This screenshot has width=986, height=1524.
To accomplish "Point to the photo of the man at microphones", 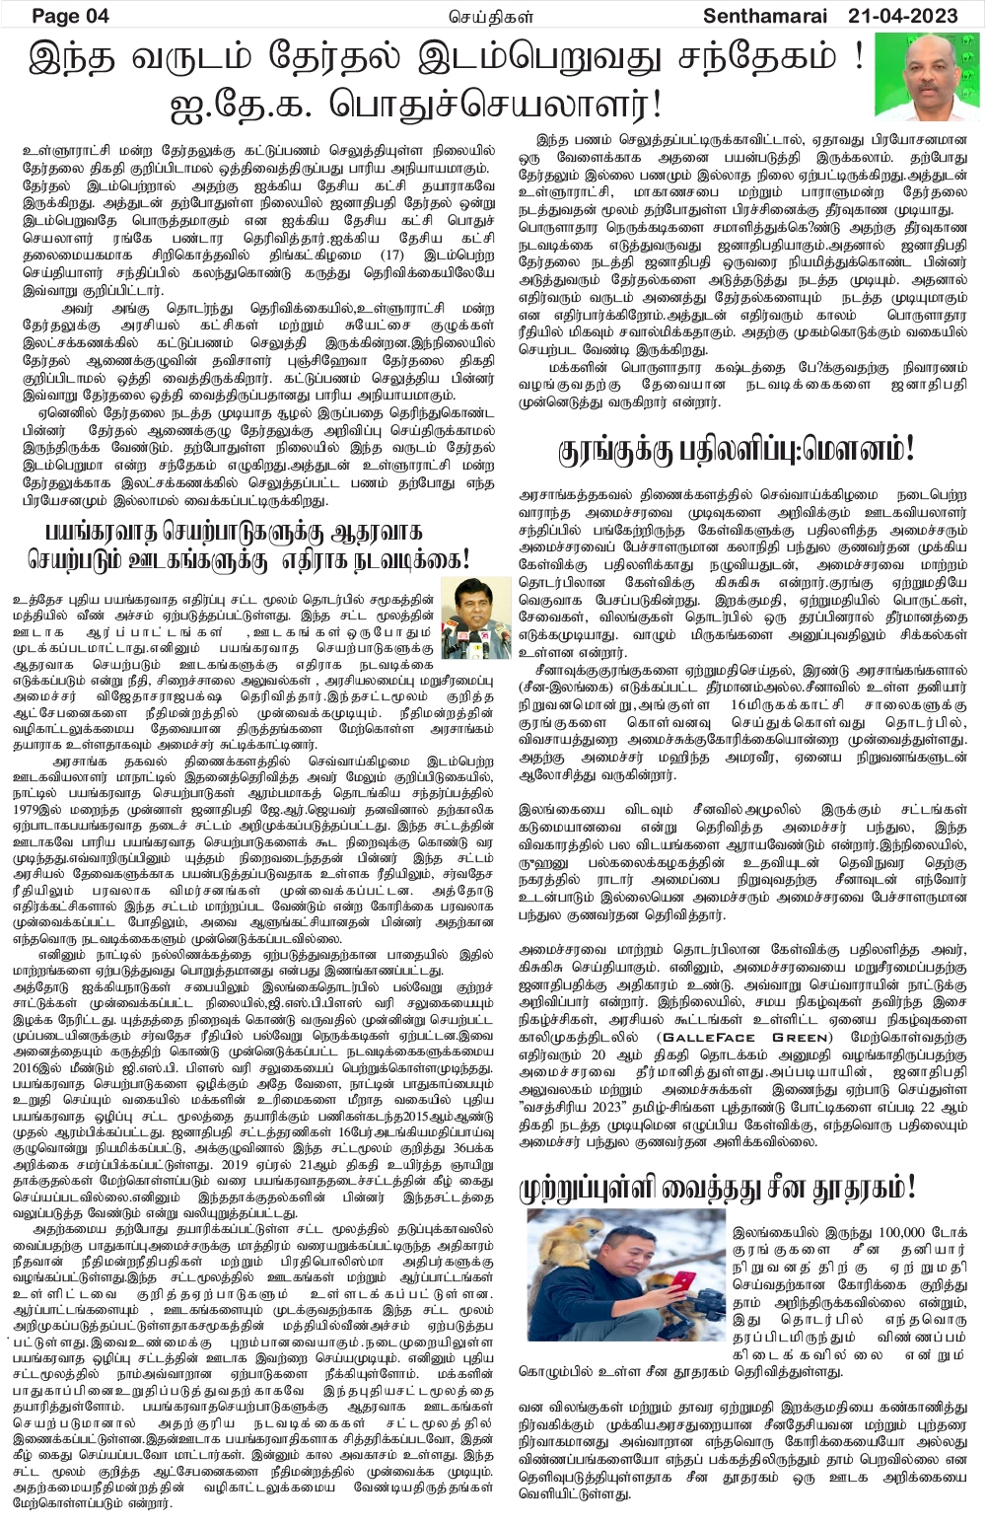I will pos(468,617).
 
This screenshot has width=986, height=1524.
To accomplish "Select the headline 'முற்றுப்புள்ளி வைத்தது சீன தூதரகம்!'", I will pos(718,1187).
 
